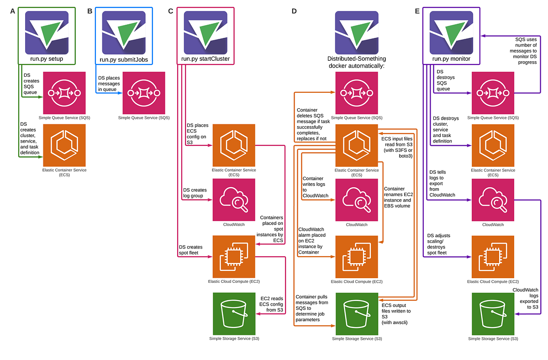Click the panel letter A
tap(13, 11)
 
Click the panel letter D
tap(295, 11)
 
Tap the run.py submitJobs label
tap(124, 59)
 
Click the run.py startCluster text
tap(205, 59)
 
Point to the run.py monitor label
tap(451, 59)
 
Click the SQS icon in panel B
tap(143, 93)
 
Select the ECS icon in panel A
tap(64, 145)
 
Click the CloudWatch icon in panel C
tap(234, 200)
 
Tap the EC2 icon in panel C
tap(234, 257)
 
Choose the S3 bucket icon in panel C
tap(234, 313)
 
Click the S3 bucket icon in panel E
tap(493, 313)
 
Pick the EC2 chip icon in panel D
tap(357, 257)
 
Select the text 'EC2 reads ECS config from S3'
tap(272, 304)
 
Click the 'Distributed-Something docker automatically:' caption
tap(357, 62)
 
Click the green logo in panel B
tap(124, 32)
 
